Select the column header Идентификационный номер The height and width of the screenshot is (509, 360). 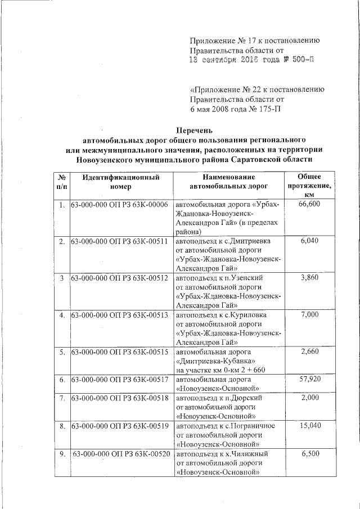pos(120,181)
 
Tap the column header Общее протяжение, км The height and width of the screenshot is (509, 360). pos(309,186)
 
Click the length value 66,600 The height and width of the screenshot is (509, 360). pos(310,204)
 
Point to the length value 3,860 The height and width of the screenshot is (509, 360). pos(310,278)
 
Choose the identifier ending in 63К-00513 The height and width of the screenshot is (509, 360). pos(120,314)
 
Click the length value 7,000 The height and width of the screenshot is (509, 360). pos(310,314)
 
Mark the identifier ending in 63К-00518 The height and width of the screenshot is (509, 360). pos(120,398)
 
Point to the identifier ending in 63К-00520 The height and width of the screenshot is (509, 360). pos(121,453)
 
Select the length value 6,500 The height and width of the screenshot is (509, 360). pos(310,453)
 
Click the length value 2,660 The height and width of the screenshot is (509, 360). pos(310,352)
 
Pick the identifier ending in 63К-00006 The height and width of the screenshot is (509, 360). pos(120,204)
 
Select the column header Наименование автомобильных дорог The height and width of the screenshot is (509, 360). pos(228,181)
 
